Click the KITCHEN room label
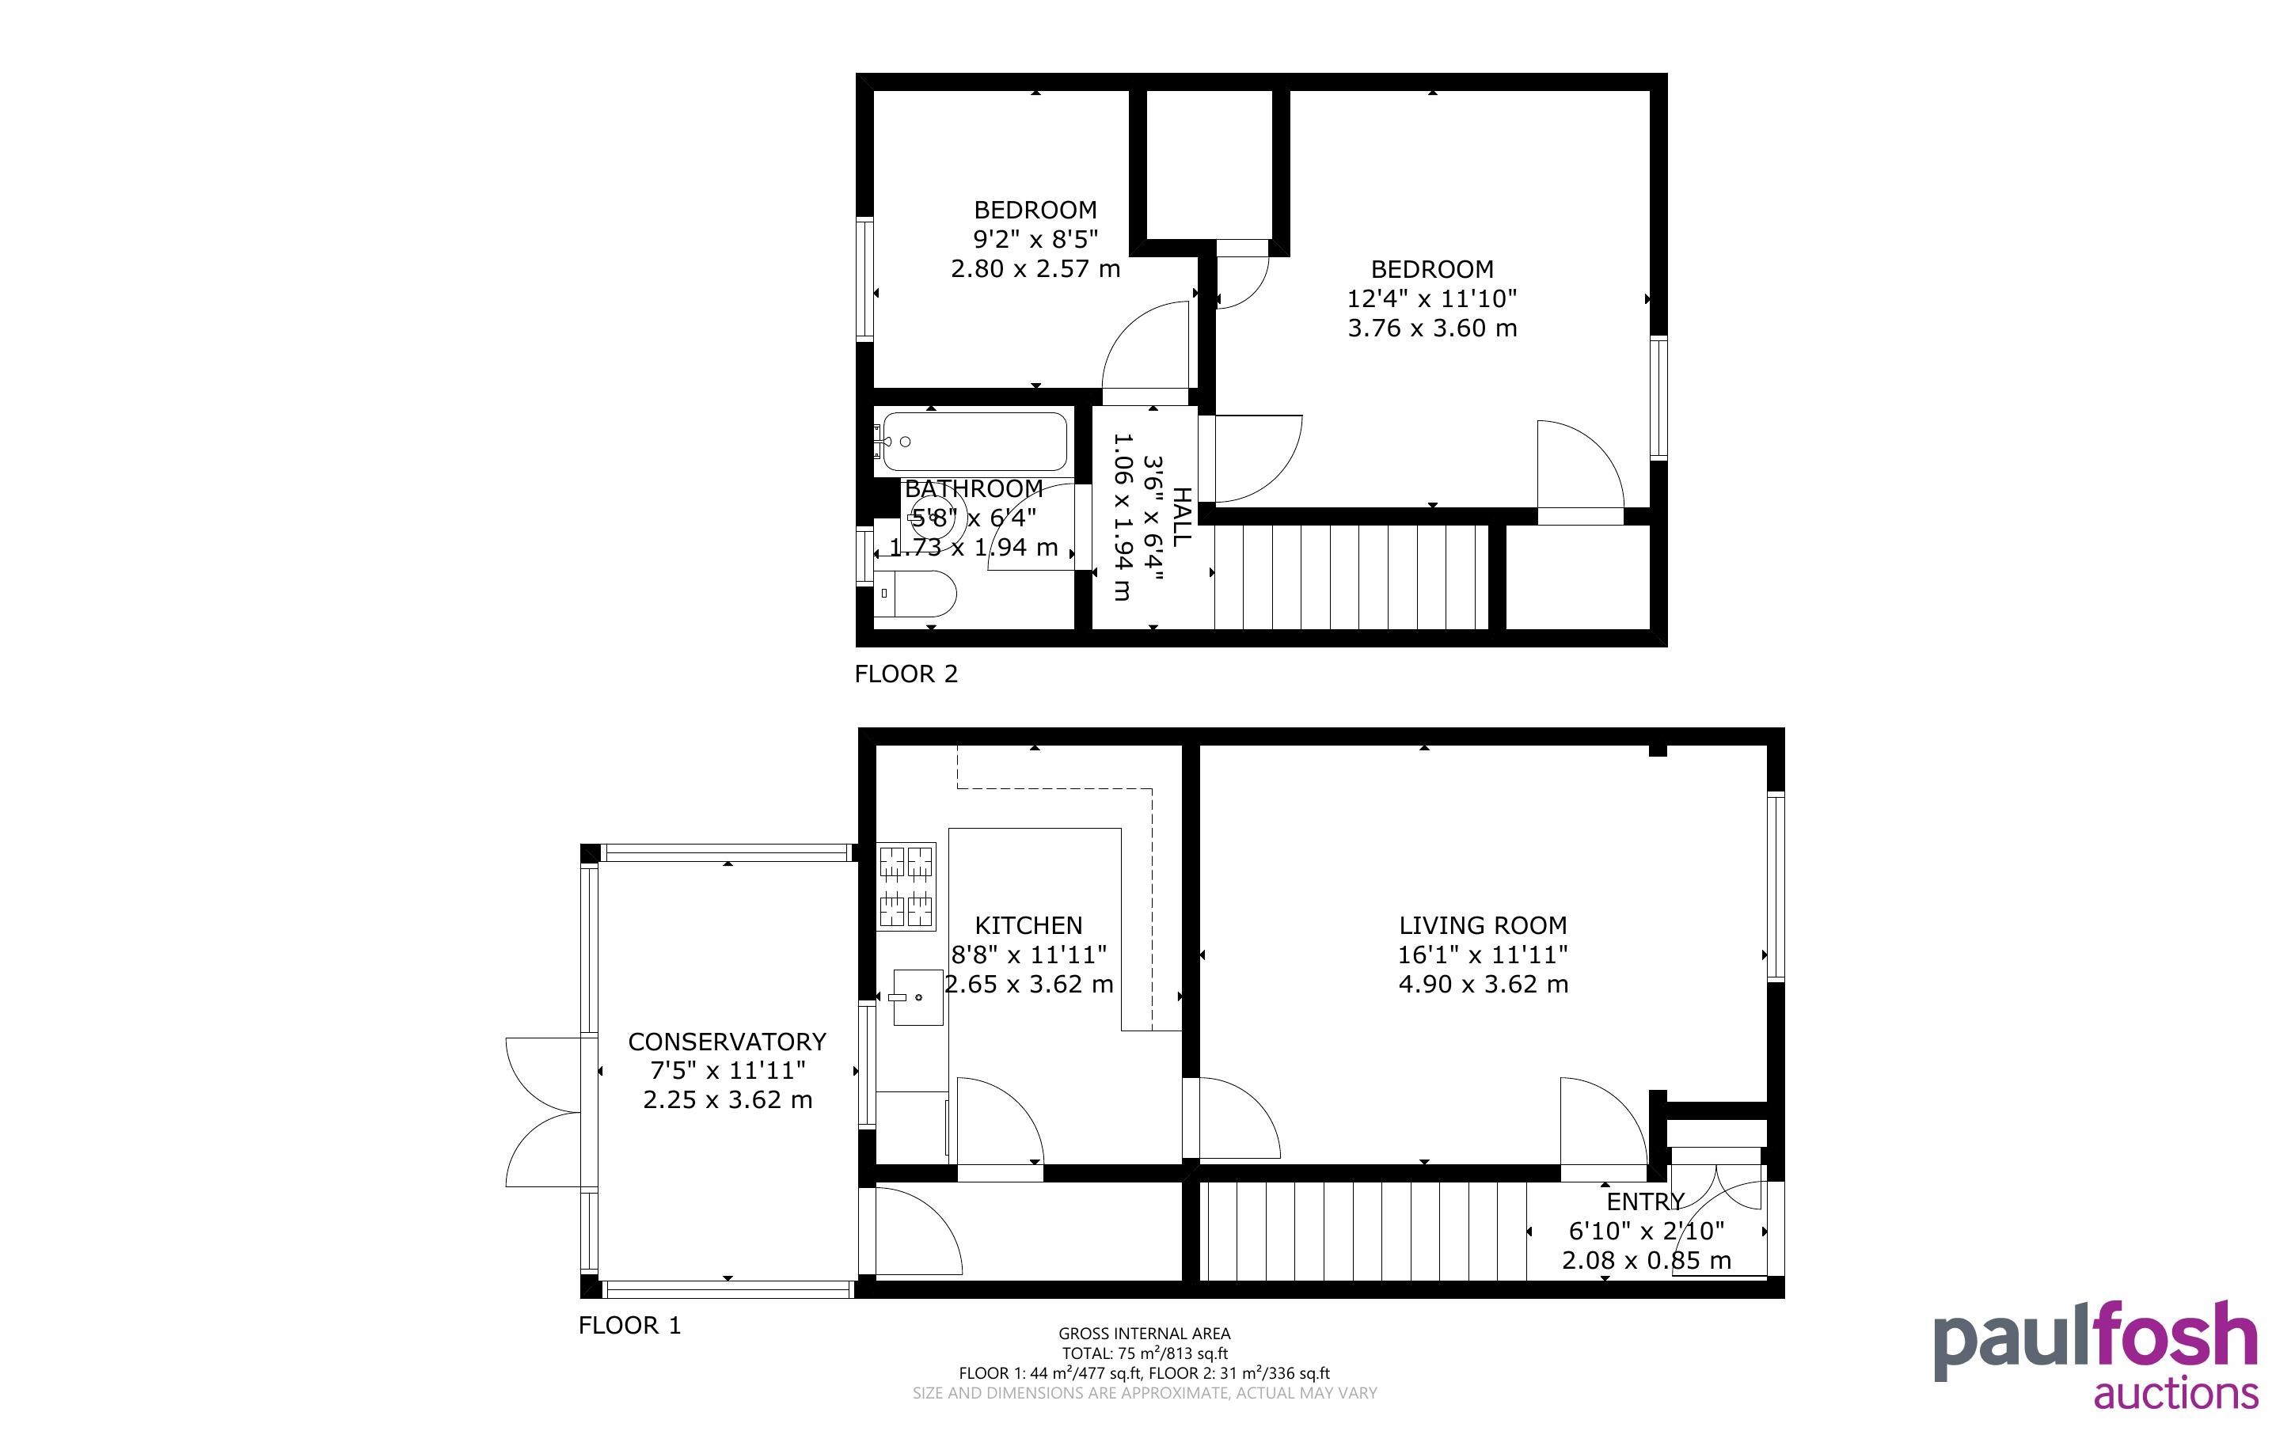(x=1028, y=924)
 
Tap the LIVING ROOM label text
(x=1483, y=924)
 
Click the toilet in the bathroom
(x=914, y=594)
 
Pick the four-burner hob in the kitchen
(x=906, y=886)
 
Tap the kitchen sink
(x=918, y=997)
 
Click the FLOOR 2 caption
(x=906, y=674)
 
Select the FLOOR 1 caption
(x=629, y=1325)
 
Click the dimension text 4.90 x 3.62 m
(x=1483, y=985)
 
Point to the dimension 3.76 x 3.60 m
(x=1432, y=328)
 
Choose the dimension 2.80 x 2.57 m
(x=1035, y=269)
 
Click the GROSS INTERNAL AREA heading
(x=1144, y=1334)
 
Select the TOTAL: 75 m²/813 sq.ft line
(x=1144, y=1353)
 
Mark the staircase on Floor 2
(x=1351, y=577)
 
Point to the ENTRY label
(x=1646, y=1202)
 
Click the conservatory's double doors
(x=543, y=1112)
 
